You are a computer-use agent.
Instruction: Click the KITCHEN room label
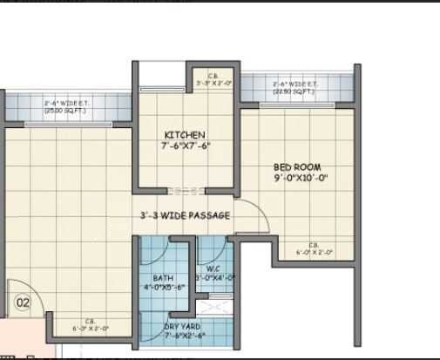pos(185,135)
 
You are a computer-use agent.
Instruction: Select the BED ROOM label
pos(296,166)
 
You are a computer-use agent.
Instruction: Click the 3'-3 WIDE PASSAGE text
pos(186,215)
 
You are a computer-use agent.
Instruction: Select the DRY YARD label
pos(183,327)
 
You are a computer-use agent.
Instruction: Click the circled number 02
pos(23,302)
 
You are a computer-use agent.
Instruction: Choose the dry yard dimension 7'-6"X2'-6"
pos(184,336)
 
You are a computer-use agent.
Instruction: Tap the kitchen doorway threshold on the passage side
pos(186,189)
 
